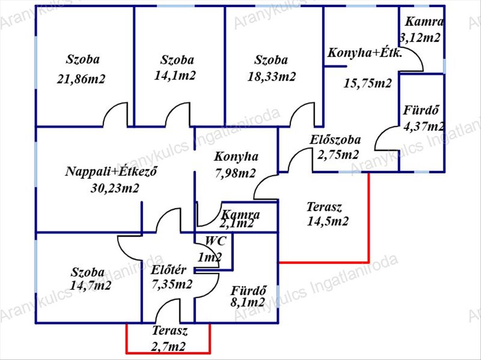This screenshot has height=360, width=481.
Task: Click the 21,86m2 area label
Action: pos(81,79)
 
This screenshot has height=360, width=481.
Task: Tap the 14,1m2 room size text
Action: pos(175,76)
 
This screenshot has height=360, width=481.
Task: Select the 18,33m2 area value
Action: pos(271,76)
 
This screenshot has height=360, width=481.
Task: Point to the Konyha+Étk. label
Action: pos(365,53)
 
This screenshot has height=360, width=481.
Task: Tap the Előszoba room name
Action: pos(335,140)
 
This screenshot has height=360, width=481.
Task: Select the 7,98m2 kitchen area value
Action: pos(236,173)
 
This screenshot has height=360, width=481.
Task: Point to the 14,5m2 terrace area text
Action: pos(327,221)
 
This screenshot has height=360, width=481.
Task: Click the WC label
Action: pos(216,241)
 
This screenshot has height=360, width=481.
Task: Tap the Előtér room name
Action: pos(168,270)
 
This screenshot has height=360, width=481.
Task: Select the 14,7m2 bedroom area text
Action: pos(90,286)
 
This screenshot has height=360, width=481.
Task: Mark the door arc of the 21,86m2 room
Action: pos(115,115)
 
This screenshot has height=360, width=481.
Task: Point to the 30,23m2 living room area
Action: pos(115,188)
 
